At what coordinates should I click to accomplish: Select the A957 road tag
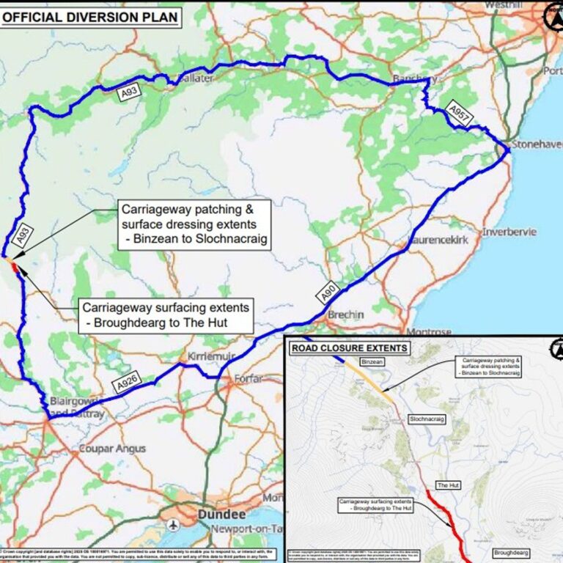(459, 113)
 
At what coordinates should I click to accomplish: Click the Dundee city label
(220, 515)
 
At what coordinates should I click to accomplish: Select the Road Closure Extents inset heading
(350, 347)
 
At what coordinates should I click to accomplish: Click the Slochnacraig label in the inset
(427, 419)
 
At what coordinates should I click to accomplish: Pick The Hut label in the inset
(447, 485)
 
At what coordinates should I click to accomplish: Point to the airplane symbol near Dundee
(173, 526)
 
